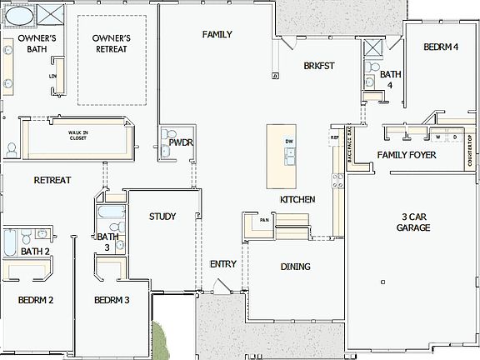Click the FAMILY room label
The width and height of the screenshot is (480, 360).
[217, 34]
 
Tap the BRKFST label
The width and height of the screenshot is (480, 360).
[318, 65]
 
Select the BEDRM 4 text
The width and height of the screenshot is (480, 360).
[441, 47]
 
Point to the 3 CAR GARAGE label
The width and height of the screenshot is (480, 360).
[413, 222]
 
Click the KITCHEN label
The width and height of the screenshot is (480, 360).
[297, 200]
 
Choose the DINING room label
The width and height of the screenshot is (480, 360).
[295, 267]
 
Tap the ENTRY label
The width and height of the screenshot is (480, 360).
[223, 264]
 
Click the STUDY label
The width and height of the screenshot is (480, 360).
[162, 217]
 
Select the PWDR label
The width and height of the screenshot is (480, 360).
[181, 142]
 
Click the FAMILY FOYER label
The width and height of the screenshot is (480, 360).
[408, 155]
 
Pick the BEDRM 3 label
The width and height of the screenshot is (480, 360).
[111, 300]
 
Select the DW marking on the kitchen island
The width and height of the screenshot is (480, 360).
[288, 142]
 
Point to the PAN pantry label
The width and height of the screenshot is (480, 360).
[263, 220]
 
